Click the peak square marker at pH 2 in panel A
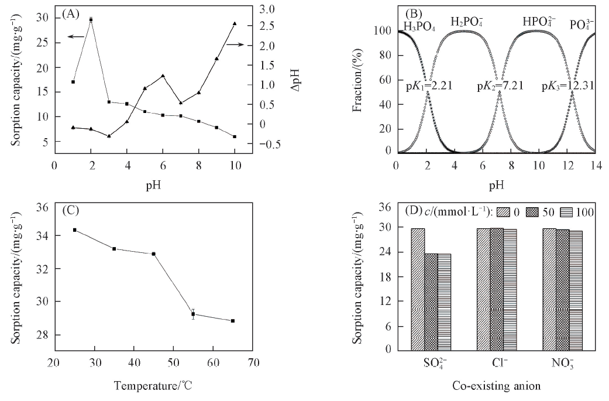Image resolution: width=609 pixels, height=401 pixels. [91, 20]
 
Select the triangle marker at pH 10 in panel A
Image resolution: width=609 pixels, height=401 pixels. [235, 23]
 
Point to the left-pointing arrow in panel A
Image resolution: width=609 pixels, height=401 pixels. [73, 37]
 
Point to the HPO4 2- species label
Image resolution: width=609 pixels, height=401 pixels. [542, 22]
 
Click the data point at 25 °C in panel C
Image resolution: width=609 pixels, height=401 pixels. [74, 230]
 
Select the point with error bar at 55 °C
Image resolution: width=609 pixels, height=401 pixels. [193, 314]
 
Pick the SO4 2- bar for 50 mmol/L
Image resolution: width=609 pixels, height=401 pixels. [431, 301]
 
